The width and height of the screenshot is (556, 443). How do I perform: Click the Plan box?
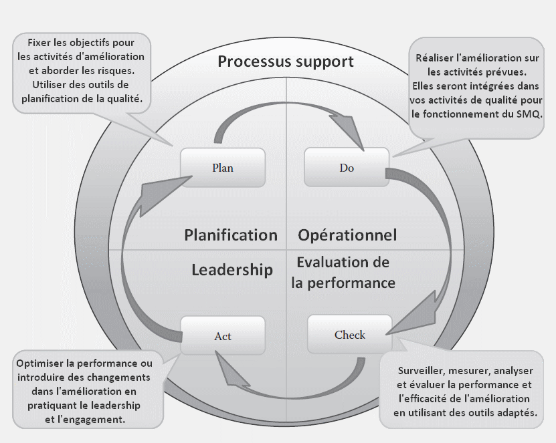click(223, 168)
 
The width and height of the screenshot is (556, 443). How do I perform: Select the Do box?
click(347, 167)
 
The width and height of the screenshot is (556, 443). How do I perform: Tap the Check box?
click(350, 335)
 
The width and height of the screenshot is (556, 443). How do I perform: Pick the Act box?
click(223, 335)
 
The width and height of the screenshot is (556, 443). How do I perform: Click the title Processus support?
click(286, 61)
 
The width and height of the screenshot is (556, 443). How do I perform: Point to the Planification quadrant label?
click(230, 235)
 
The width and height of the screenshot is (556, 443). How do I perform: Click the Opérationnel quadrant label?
click(347, 235)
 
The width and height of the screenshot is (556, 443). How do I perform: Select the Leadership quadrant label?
click(232, 270)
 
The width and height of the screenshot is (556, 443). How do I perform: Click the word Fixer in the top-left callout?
click(39, 43)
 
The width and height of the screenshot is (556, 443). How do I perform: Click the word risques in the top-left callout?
click(117, 71)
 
